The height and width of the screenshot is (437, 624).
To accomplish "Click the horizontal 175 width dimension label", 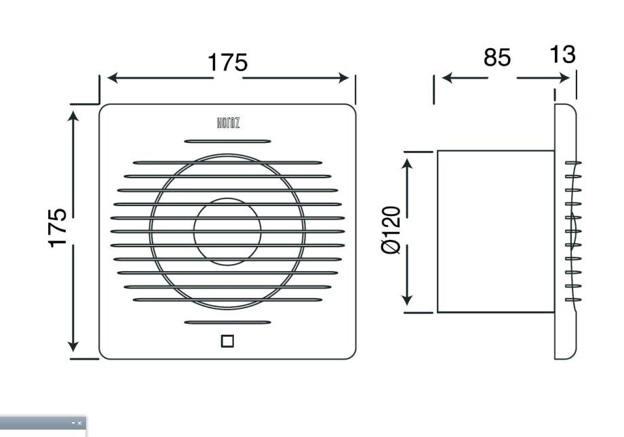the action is (228, 62).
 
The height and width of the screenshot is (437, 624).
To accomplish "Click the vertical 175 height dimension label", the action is (58, 228).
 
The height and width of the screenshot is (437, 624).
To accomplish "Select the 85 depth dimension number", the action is (497, 58).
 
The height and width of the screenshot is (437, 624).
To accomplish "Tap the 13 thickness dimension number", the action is (562, 54).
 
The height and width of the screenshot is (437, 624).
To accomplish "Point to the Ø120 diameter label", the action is (391, 230).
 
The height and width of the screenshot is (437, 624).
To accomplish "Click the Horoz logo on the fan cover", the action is (228, 123).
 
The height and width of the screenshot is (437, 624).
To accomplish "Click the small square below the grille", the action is (227, 341).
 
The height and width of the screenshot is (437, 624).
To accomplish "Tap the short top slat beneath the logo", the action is (227, 141).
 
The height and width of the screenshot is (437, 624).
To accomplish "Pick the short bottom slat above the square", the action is (227, 322).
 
